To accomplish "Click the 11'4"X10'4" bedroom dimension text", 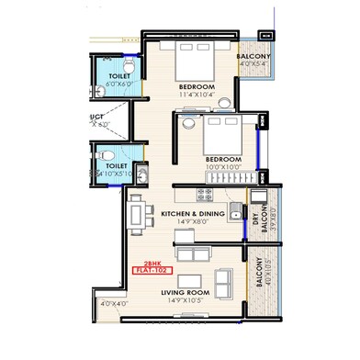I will [x=197, y=95].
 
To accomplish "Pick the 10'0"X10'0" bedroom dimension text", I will [x=223, y=167].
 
